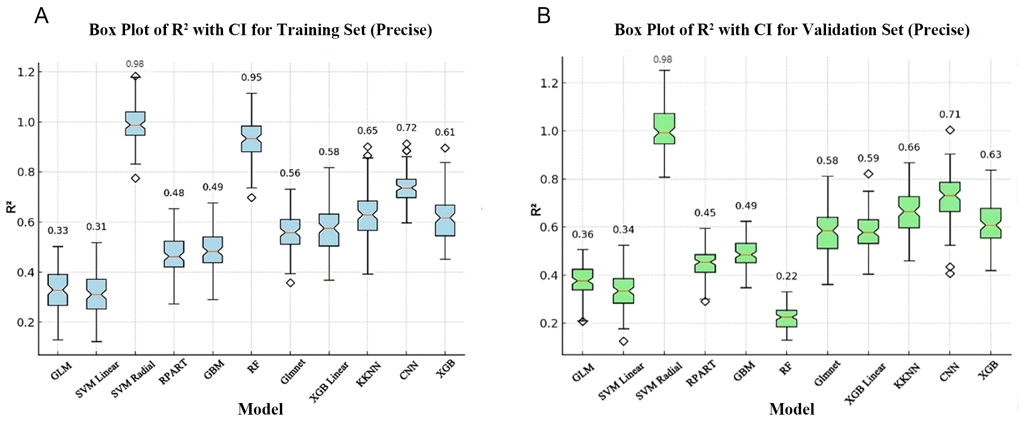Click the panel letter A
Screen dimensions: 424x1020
coord(41,16)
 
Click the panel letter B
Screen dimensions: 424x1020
coord(544,16)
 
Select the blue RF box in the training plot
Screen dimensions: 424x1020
coord(251,139)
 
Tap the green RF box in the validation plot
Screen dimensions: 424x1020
coord(787,318)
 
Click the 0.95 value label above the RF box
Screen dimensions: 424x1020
coord(251,77)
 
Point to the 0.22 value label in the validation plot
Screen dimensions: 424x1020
coord(787,276)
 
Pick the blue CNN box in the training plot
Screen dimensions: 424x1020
coord(406,188)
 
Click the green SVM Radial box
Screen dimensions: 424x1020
coord(664,129)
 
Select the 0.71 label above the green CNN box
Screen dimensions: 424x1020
coord(950,114)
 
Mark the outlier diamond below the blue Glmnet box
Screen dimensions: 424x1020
coord(290,283)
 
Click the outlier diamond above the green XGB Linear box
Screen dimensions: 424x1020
coord(868,174)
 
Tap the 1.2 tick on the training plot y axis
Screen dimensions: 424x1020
coord(26,72)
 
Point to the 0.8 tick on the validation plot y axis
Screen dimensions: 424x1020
coord(549,179)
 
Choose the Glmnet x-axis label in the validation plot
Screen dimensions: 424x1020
coord(827,373)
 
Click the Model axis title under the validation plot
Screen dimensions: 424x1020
coord(792,409)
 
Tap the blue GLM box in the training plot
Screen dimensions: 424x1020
coord(58,290)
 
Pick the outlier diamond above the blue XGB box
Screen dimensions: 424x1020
coord(445,148)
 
